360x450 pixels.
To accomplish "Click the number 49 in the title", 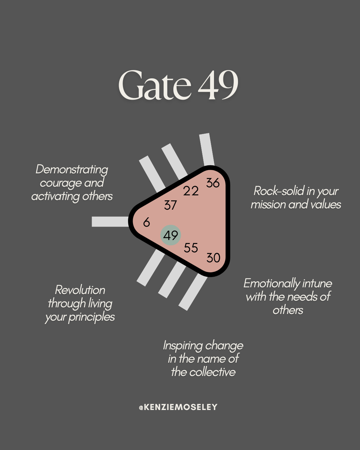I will click(x=218, y=85).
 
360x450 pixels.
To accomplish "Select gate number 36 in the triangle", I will click(x=213, y=183).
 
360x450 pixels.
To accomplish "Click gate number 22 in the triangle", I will click(x=191, y=191).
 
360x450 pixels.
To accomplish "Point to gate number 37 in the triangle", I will click(x=170, y=205).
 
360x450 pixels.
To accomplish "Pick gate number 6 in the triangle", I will click(x=146, y=222).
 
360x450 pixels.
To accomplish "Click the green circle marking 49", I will click(x=171, y=235).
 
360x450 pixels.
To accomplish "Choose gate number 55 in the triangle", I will click(x=191, y=248).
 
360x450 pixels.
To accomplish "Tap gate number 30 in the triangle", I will click(x=213, y=258).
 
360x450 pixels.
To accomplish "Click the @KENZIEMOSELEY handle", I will click(x=178, y=407).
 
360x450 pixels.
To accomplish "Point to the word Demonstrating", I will click(x=72, y=169).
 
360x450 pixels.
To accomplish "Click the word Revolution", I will click(x=80, y=290).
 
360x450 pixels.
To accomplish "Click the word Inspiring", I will click(x=183, y=346).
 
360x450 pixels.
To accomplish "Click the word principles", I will click(x=92, y=317).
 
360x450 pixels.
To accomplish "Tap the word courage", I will click(x=61, y=183).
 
